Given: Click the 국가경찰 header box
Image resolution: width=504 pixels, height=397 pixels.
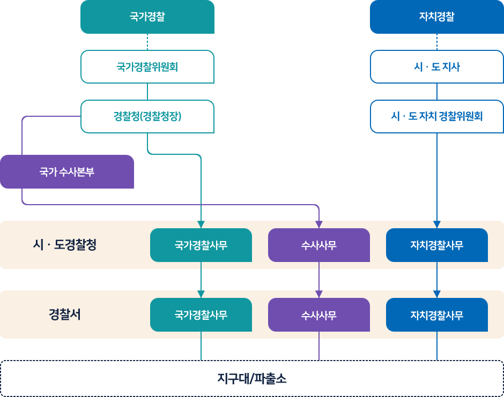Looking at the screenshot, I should (x=147, y=17).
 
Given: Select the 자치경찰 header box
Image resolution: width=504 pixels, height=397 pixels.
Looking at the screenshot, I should (x=436, y=17).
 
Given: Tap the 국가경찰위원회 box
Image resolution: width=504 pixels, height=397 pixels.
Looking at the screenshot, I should (x=147, y=67).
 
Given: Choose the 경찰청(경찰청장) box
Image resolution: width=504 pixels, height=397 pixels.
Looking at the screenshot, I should (x=147, y=116).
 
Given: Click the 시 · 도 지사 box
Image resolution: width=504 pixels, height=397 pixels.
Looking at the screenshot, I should (x=436, y=67).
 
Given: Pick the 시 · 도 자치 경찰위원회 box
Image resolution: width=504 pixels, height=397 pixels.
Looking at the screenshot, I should (x=436, y=116).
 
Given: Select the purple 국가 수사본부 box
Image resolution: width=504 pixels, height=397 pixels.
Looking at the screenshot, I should (x=67, y=172).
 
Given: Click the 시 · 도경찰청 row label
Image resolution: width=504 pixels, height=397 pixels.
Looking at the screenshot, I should (x=64, y=245).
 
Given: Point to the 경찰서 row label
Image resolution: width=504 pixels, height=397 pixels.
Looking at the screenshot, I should (x=64, y=314).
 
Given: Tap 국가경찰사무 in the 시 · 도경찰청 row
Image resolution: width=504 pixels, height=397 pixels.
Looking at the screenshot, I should (x=201, y=245).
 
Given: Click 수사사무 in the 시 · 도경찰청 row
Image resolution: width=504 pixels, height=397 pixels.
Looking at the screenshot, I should (x=319, y=245).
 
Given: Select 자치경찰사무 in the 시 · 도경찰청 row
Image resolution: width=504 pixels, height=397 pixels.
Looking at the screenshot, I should (x=437, y=245).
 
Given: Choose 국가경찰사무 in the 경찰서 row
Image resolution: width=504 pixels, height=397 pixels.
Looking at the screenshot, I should (x=201, y=314).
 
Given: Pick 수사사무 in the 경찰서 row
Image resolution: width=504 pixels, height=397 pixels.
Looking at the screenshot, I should (x=319, y=314).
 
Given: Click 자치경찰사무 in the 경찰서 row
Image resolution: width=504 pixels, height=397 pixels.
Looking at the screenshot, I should (x=437, y=314).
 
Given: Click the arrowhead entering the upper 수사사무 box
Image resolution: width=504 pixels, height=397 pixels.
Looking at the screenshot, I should (x=319, y=224).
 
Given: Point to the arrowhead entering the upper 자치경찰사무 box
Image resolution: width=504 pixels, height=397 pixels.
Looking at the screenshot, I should (x=437, y=224).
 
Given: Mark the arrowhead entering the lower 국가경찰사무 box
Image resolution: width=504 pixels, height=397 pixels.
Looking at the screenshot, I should (x=201, y=294).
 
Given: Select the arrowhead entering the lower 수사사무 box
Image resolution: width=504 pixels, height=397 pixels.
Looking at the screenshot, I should (x=319, y=294).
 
